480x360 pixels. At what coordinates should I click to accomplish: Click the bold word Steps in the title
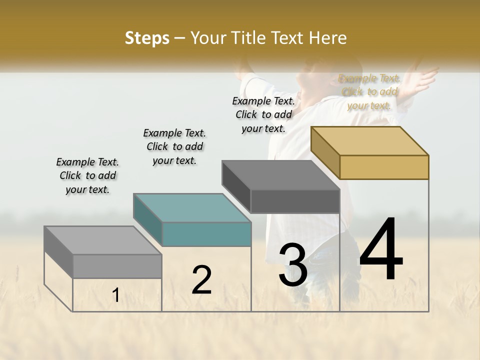tap(147, 38)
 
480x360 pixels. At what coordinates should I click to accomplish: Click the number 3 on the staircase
tap(293, 265)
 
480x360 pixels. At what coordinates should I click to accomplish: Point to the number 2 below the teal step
tap(201, 280)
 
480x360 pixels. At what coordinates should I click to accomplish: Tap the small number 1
tap(116, 295)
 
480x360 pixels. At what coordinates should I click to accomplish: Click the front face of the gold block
tap(384, 167)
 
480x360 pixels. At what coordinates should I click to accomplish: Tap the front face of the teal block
tap(206, 234)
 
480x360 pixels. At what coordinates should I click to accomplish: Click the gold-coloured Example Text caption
tap(369, 92)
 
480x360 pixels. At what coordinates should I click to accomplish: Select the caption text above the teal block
tap(174, 146)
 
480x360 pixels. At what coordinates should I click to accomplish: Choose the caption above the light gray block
tap(87, 175)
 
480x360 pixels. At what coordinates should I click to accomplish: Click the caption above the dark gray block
tap(263, 114)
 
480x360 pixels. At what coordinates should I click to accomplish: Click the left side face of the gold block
tap(325, 152)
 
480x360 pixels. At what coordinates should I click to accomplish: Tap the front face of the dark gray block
tap(295, 201)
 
